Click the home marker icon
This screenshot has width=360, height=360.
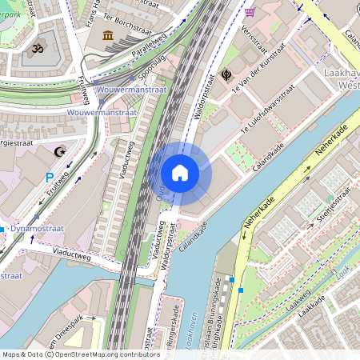click(180, 172)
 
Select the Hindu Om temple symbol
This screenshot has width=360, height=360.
click(37, 49)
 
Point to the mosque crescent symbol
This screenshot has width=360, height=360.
click(58, 150)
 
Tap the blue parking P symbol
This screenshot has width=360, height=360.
click(50, 178)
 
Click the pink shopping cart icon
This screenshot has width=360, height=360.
click(250, 12)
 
